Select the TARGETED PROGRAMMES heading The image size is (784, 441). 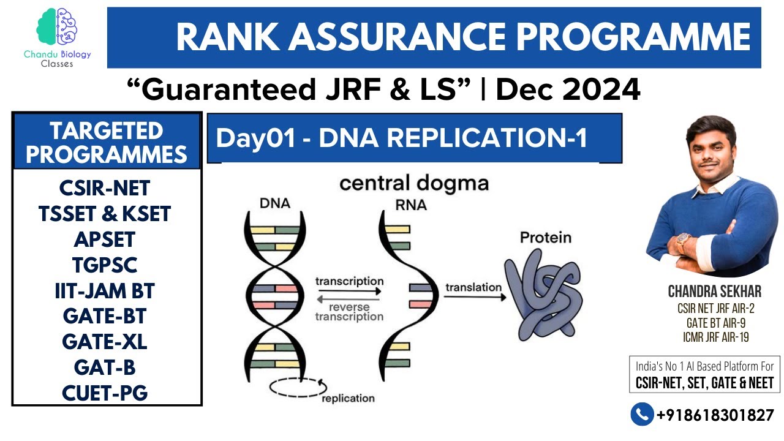coord(107,142)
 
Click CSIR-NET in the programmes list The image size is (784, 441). coord(105,187)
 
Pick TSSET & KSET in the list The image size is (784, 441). coord(105,214)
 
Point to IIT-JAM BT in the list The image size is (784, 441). coord(105,291)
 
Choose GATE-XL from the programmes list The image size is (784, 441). coord(105,342)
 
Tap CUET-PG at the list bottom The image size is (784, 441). coord(105,393)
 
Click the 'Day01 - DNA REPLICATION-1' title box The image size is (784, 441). coord(414,138)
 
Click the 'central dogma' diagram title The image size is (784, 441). coord(414,183)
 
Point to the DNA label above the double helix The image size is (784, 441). coord(275,203)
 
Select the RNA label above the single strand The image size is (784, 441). coord(411,205)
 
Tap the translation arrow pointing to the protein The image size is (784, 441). coord(475,297)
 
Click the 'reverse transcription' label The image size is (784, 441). coord(349,312)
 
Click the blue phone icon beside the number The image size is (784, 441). coord(641,415)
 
